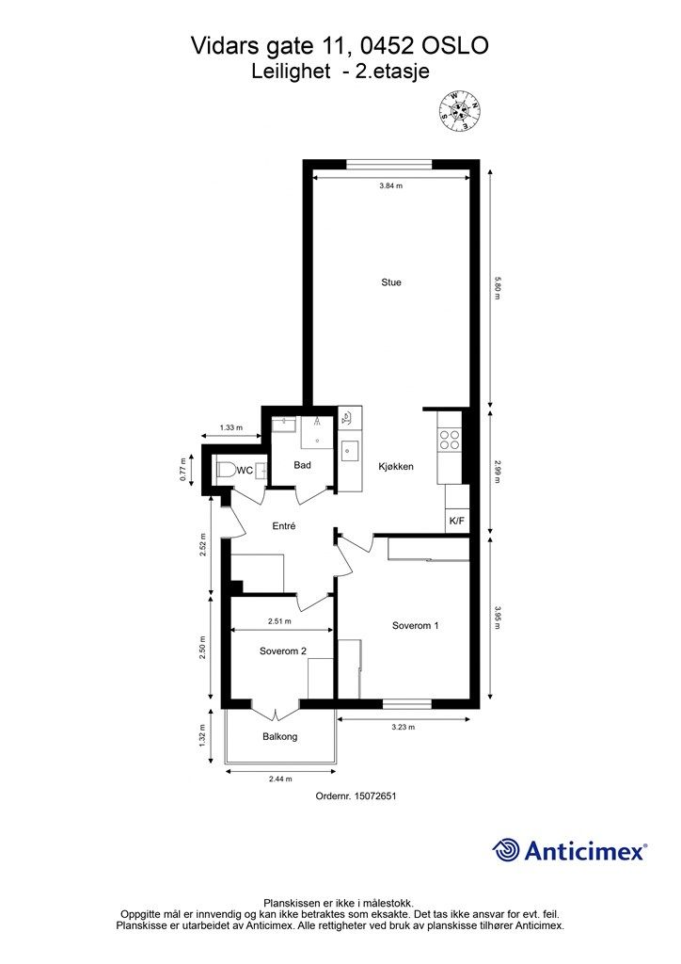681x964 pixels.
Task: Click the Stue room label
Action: [x=391, y=282]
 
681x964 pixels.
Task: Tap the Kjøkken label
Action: [x=395, y=466]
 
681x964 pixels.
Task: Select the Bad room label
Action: [x=302, y=465]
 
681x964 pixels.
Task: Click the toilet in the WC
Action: [x=225, y=470]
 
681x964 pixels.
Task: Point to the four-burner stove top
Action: [x=450, y=439]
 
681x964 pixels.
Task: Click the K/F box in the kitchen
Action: [x=457, y=521]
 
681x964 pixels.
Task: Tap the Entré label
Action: [x=284, y=525]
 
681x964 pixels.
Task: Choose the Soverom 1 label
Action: [x=415, y=625]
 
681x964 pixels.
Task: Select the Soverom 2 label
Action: [x=282, y=651]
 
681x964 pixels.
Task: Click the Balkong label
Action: [x=280, y=736]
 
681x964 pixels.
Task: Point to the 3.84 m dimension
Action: [x=390, y=185]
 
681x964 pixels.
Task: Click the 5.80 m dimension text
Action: [x=498, y=287]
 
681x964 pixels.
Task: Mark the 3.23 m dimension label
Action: [x=404, y=727]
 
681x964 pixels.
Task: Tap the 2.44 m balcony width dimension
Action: [x=280, y=779]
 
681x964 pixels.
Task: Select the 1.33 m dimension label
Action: [x=230, y=427]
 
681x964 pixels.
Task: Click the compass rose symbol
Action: [x=459, y=111]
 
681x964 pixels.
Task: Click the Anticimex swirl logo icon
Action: [x=506, y=850]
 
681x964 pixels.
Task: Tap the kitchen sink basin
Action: [x=349, y=452]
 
